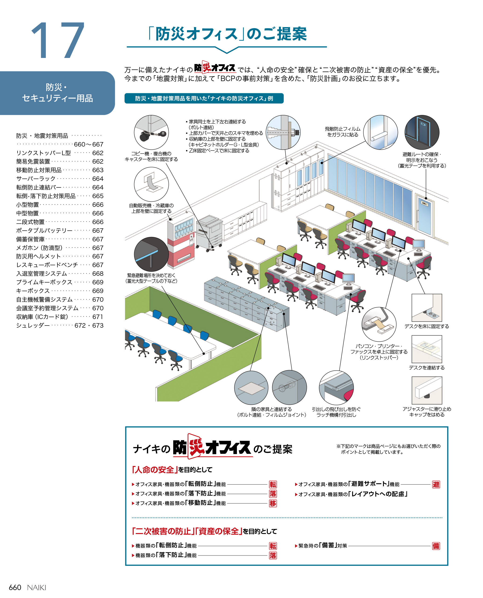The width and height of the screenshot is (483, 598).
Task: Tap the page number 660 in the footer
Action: coord(15,587)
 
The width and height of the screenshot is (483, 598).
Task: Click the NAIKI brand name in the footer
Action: coord(36,587)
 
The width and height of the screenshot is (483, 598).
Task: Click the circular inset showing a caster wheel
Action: coord(151,132)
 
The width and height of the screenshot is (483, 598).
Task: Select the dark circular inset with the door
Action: coord(422,132)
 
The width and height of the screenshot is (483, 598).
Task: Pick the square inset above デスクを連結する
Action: coord(426,349)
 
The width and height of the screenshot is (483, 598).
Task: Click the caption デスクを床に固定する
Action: coord(426,326)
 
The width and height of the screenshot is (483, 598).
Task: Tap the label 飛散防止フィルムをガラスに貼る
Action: coord(343,132)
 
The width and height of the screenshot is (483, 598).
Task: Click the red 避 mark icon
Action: coord(436,484)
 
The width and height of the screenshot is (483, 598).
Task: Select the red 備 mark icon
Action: coord(436,546)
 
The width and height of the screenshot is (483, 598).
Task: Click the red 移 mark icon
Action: coord(273,503)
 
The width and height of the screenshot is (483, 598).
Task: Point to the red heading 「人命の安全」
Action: coord(155,469)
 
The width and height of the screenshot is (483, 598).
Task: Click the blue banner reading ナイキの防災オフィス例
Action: coord(204,98)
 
